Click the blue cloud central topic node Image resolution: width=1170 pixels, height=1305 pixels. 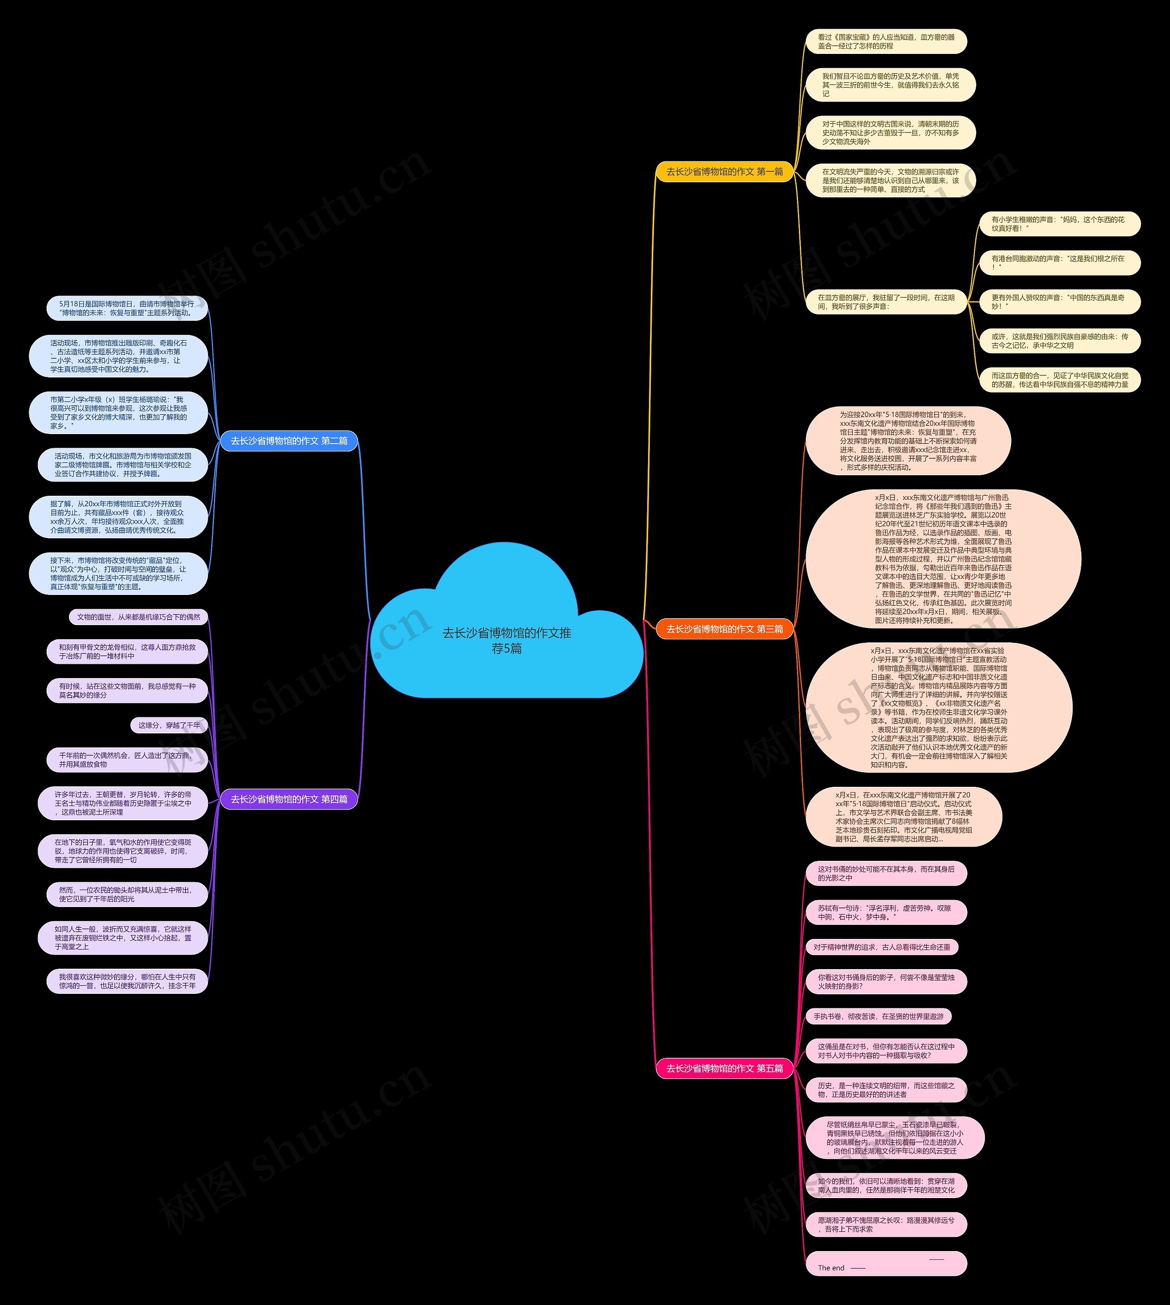[506, 640]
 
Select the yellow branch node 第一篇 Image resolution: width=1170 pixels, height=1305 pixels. [724, 172]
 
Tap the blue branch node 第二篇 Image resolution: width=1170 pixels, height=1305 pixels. [289, 441]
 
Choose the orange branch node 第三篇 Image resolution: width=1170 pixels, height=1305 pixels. [724, 629]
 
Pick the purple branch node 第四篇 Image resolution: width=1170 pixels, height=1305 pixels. [289, 799]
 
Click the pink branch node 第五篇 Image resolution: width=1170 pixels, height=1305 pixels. [724, 1068]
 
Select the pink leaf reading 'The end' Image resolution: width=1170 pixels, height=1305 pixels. [886, 1263]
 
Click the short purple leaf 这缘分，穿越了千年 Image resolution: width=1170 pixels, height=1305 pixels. [169, 725]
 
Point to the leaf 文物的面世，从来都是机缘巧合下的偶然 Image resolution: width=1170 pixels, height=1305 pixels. [138, 617]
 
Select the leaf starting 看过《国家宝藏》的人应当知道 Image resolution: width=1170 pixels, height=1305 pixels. [886, 42]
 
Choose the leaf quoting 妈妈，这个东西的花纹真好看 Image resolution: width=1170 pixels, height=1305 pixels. [1059, 224]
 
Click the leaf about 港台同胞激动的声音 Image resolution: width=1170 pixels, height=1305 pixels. [1059, 263]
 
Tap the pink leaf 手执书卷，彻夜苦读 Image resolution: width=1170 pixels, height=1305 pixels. [878, 1016]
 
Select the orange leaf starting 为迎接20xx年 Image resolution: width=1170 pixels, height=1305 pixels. [908, 441]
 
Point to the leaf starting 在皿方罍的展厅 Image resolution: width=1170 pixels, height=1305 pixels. [886, 302]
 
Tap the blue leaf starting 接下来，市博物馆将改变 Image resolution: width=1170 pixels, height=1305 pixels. [118, 573]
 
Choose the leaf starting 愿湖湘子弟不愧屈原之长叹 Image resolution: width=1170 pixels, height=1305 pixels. [886, 1225]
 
